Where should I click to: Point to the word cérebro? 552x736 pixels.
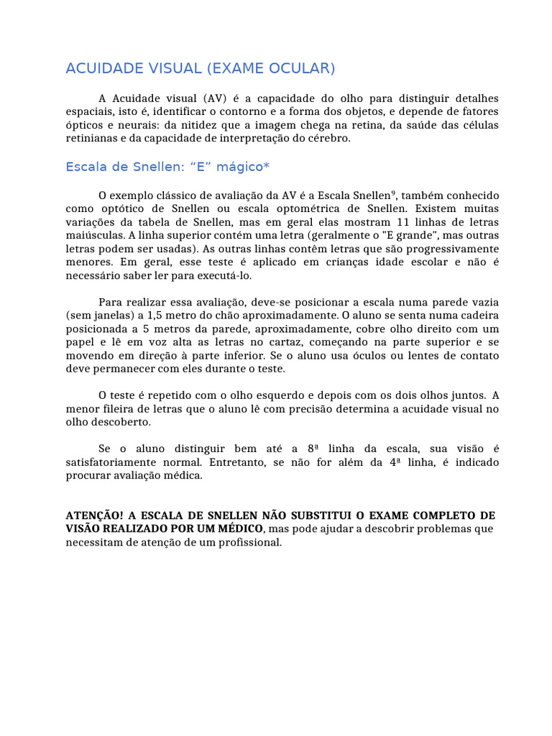(x=329, y=139)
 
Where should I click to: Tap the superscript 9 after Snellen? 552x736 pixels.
(x=395, y=193)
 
